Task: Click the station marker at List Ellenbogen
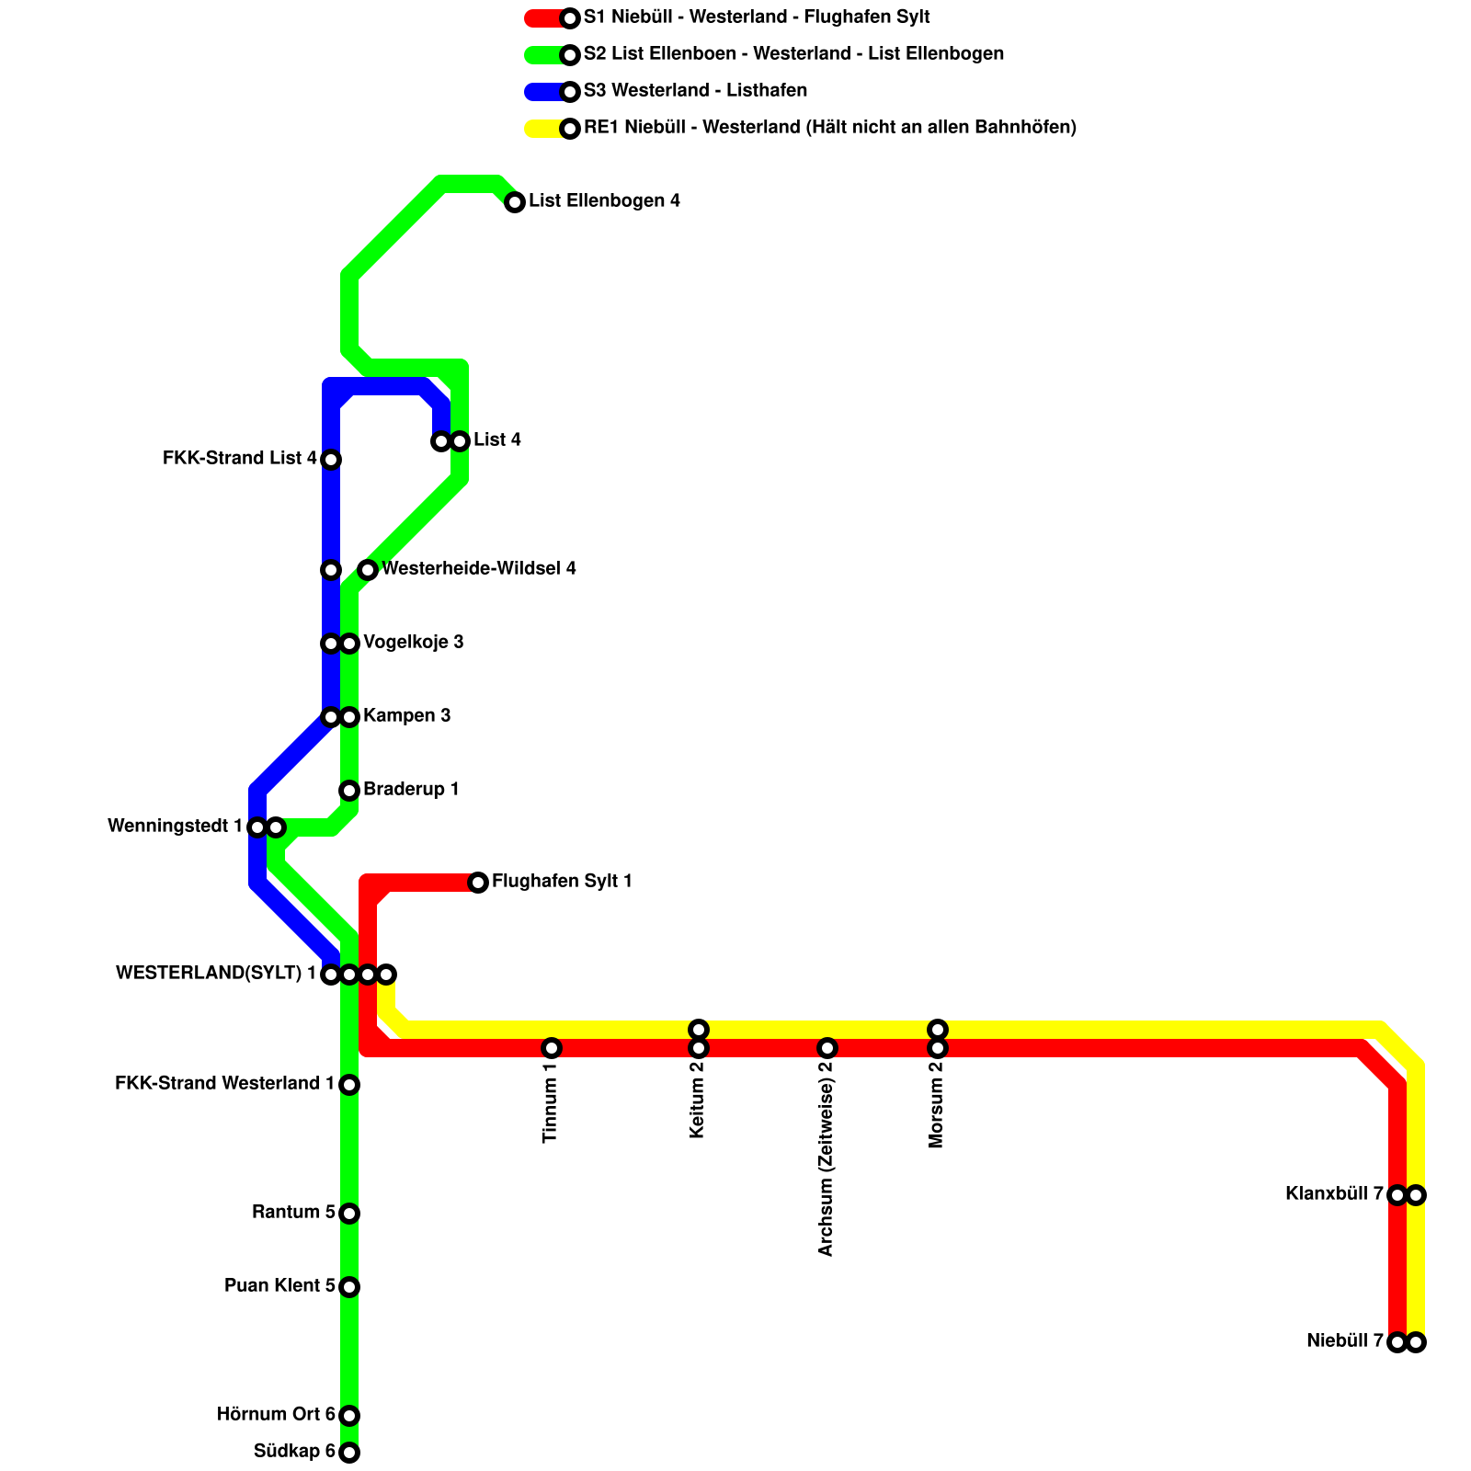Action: pyautogui.click(x=515, y=202)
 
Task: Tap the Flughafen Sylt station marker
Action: pyautogui.click(x=478, y=883)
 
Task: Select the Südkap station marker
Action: pyautogui.click(x=349, y=1453)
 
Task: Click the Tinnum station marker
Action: pyautogui.click(x=552, y=1048)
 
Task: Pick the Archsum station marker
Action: pyautogui.click(x=827, y=1048)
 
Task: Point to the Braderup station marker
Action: pyautogui.click(x=349, y=791)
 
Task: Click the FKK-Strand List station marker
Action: pyautogui.click(x=331, y=460)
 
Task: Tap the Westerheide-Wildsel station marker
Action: pyautogui.click(x=368, y=570)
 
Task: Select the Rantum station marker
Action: pyautogui.click(x=349, y=1214)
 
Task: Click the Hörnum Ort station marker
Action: pyautogui.click(x=349, y=1415)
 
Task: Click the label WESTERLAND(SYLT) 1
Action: pyautogui.click(x=216, y=974)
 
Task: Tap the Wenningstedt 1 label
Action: pyautogui.click(x=175, y=827)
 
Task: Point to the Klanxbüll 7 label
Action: pyautogui.click(x=1334, y=1194)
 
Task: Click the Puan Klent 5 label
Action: pyautogui.click(x=279, y=1286)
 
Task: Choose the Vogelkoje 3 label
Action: pyautogui.click(x=414, y=643)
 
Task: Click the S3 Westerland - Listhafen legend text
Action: pyautogui.click(x=695, y=91)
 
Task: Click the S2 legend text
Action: pyautogui.click(x=793, y=54)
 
